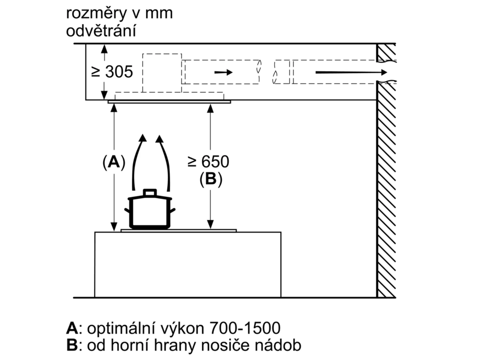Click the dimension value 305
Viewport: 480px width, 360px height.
click(119, 72)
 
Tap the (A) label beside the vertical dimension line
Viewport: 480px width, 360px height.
click(114, 162)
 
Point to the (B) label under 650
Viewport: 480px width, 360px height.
click(210, 179)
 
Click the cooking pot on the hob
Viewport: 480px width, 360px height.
click(150, 210)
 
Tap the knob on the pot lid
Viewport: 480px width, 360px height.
click(150, 192)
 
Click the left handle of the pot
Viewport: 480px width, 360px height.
click(127, 210)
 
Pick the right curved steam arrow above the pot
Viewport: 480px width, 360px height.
click(165, 162)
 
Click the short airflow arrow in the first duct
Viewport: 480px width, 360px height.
click(224, 72)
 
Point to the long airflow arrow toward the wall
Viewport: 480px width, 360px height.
click(352, 72)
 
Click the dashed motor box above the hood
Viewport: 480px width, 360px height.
click(162, 73)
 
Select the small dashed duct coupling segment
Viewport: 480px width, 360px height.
click(282, 72)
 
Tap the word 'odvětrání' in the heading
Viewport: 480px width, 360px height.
click(101, 31)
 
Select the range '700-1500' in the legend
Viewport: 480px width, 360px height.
click(245, 328)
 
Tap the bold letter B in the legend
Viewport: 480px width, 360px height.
click(72, 345)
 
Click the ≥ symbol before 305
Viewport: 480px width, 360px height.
click(96, 72)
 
